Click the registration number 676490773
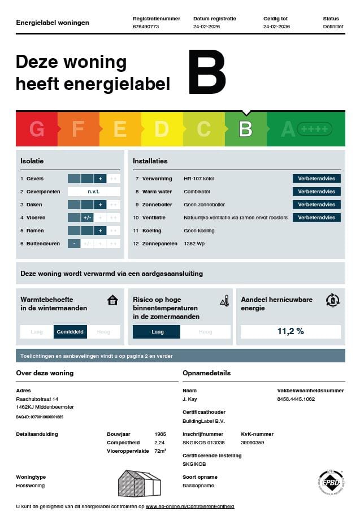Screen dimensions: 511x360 pos(145,27)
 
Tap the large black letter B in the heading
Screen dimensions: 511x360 pos(207,72)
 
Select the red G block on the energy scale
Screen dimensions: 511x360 pos(37,129)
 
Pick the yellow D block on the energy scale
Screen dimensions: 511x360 pos(162,129)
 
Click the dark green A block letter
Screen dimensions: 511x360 pos(288,129)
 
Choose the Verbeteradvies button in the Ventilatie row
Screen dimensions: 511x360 pos(316,218)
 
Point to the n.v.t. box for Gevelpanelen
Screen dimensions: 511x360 pos(94,192)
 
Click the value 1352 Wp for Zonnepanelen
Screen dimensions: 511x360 pos(195,244)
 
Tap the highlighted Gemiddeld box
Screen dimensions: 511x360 pos(70,332)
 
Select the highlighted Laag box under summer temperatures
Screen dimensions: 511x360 pos(157,332)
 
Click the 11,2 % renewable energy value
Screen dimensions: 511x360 pos(290,331)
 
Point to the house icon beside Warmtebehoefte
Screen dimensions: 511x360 pos(112,300)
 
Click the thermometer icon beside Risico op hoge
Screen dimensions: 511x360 pos(224,300)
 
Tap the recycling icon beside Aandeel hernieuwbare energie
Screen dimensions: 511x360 pos(333,300)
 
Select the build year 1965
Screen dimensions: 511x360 pos(160,434)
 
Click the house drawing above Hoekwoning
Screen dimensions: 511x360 pos(139,483)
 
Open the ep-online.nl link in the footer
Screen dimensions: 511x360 pos(190,506)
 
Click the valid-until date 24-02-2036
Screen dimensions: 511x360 pos(276,27)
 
